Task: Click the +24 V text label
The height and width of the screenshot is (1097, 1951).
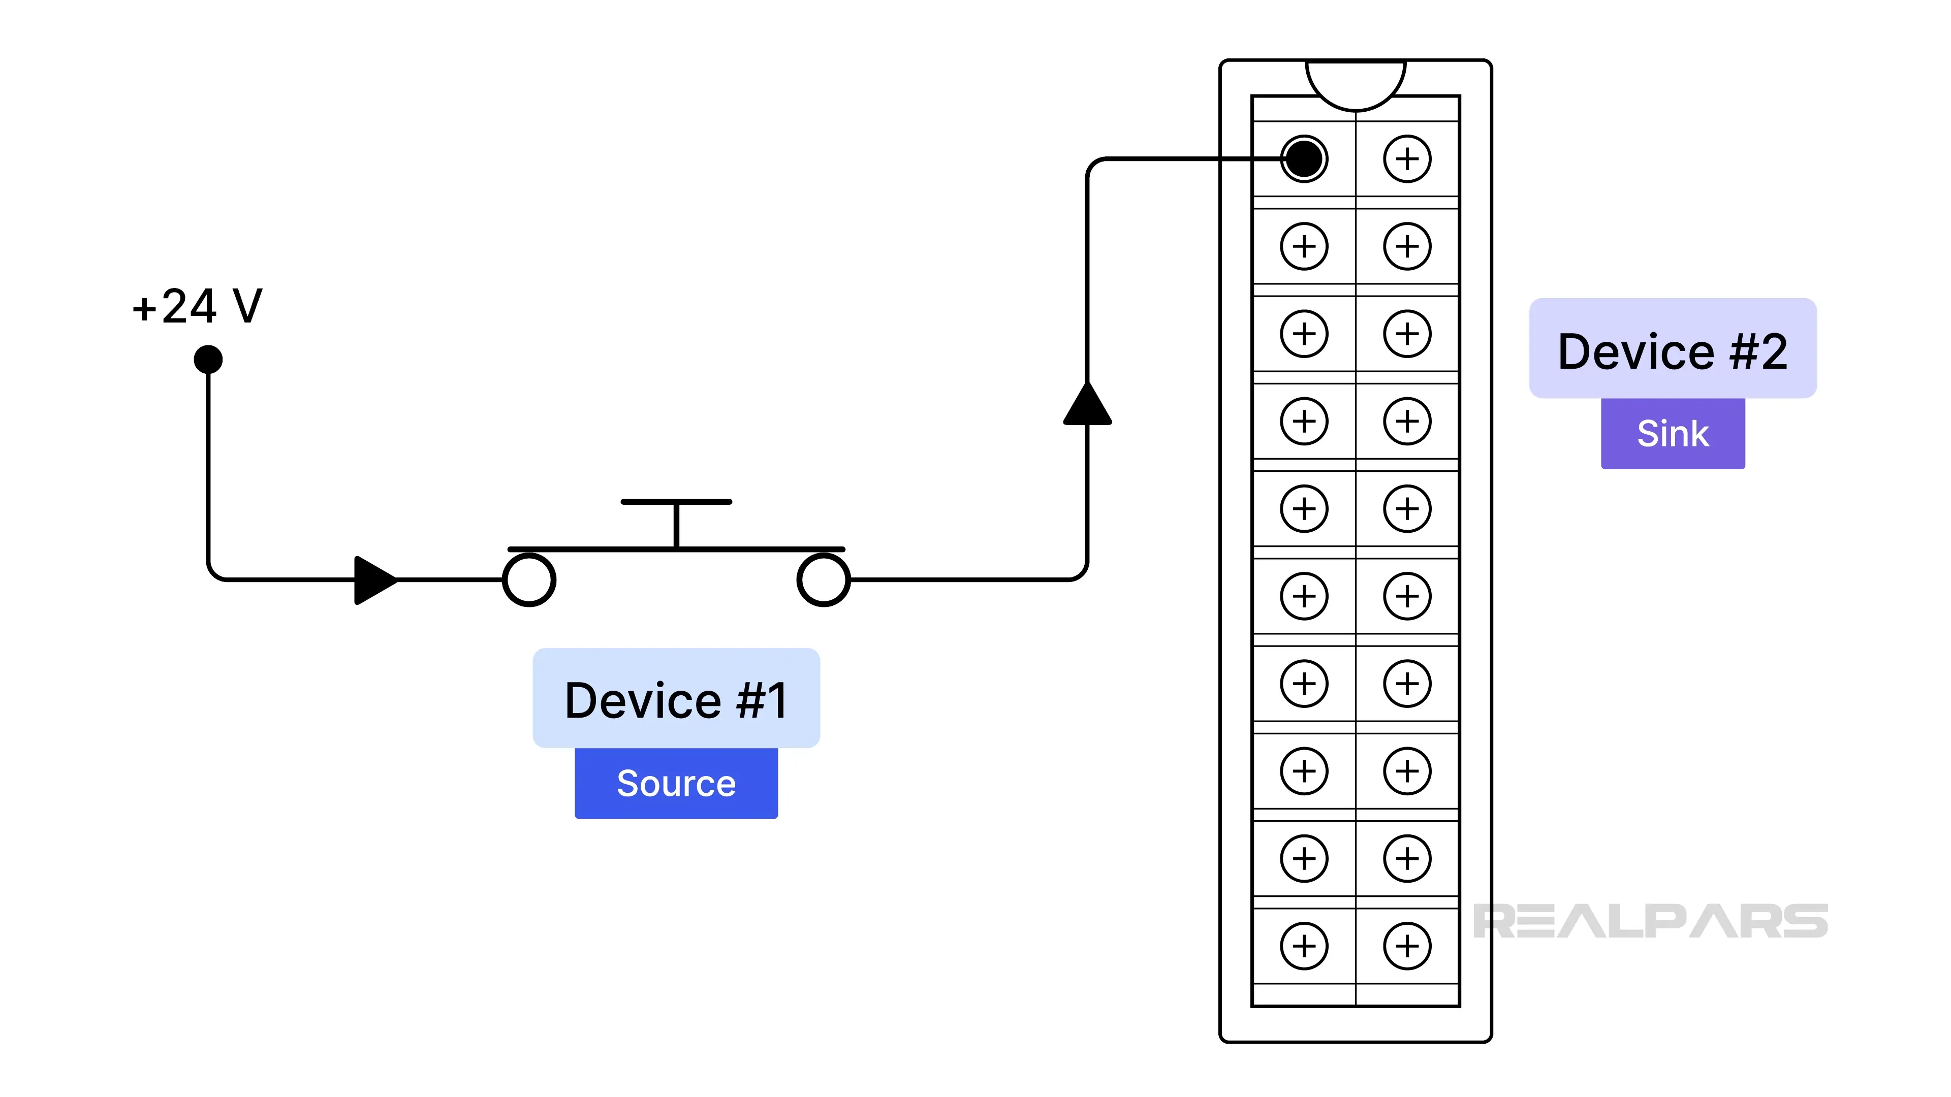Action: [197, 307]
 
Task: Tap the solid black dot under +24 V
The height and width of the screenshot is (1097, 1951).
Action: [208, 360]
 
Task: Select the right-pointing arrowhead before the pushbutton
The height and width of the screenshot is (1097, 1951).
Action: [373, 580]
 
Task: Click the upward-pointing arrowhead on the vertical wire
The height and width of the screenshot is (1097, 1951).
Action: [1088, 405]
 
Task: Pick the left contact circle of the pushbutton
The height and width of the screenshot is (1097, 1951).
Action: [529, 580]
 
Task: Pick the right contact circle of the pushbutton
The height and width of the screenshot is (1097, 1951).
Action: [824, 580]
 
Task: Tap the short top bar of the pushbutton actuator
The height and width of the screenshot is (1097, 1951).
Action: [676, 502]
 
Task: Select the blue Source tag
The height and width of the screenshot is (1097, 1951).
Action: [676, 783]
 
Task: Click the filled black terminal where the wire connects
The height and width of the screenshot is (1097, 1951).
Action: [1304, 159]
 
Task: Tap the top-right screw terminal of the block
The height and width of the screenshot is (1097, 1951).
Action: [1407, 159]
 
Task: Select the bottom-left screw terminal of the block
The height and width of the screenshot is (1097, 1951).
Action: [1304, 946]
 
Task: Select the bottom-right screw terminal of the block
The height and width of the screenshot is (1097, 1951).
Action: [1407, 946]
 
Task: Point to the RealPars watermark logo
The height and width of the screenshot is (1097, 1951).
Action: [1651, 921]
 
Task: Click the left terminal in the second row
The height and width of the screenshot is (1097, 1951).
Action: [1304, 246]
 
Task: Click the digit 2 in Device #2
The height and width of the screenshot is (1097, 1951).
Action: [1772, 352]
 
